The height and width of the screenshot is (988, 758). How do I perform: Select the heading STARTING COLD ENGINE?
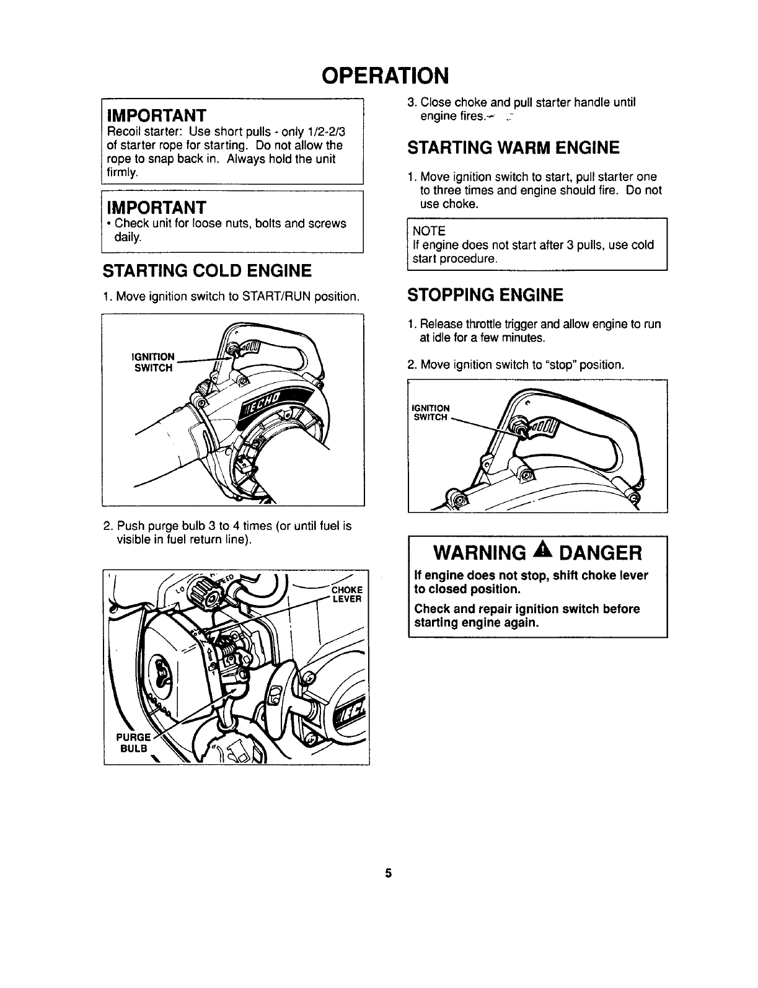(206, 271)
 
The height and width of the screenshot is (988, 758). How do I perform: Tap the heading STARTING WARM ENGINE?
(513, 148)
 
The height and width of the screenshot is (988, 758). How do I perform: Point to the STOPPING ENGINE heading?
(485, 295)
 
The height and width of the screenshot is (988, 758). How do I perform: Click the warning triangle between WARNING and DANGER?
(562, 550)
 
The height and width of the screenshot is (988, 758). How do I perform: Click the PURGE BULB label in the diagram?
(133, 743)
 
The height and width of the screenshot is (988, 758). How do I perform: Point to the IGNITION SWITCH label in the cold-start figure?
(154, 363)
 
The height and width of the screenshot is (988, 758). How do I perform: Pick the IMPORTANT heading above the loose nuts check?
(156, 206)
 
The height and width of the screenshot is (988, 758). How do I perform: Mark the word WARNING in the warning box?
(488, 552)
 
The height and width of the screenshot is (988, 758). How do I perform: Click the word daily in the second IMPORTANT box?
(128, 237)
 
